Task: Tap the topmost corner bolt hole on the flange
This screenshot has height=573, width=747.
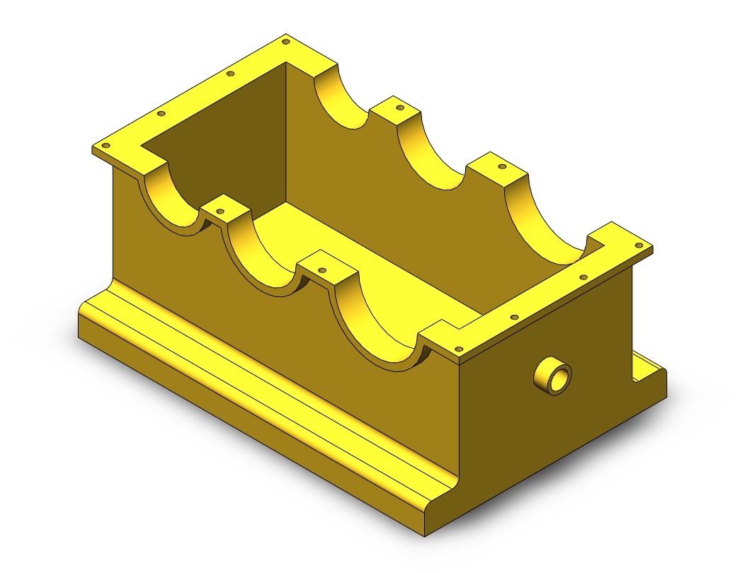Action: (286, 42)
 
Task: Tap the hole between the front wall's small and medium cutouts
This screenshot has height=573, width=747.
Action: (219, 210)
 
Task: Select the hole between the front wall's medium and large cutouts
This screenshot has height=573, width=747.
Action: (323, 270)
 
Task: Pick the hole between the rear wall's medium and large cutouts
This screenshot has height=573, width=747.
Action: (503, 167)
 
